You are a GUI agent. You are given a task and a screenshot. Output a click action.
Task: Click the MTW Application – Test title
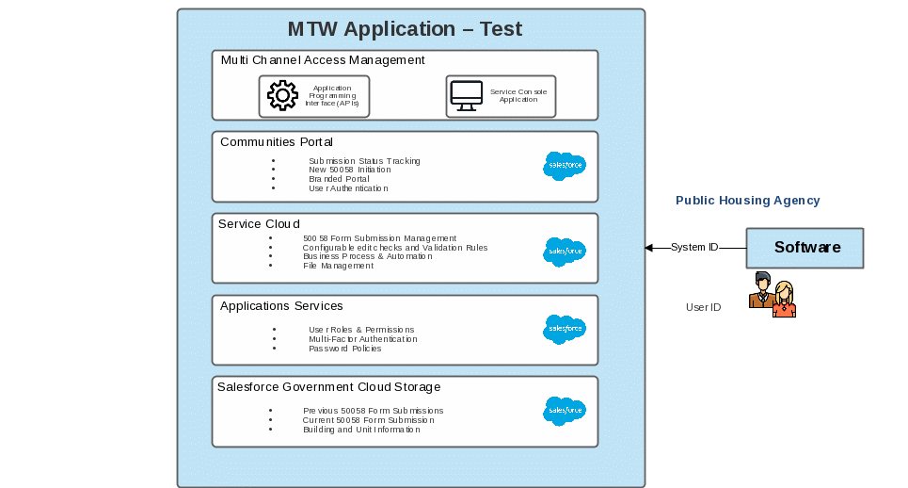pos(405,29)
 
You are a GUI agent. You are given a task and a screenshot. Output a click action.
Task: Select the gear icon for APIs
pos(283,96)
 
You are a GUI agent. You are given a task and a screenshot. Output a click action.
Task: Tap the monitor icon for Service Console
pos(466,96)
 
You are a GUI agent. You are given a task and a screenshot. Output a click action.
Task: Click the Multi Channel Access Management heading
pos(323,60)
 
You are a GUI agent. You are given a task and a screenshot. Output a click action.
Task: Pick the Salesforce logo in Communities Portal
pos(565,166)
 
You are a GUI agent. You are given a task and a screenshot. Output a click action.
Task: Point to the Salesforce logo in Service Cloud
pos(565,252)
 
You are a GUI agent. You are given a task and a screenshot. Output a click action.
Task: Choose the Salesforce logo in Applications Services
pos(565,329)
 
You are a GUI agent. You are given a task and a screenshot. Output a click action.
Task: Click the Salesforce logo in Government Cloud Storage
pos(565,411)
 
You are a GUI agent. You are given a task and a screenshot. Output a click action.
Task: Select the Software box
pos(805,248)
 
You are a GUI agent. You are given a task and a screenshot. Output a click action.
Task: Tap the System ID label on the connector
pos(694,248)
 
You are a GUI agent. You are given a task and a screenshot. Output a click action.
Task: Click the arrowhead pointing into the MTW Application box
pos(648,248)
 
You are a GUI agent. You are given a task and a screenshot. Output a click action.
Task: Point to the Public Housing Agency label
pos(748,201)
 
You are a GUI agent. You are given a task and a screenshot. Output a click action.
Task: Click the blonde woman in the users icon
pos(784,300)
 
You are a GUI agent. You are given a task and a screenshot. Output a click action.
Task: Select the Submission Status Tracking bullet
pos(364,161)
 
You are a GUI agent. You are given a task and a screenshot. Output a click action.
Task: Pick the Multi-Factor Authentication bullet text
pos(362,339)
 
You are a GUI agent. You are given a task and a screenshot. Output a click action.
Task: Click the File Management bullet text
pos(338,266)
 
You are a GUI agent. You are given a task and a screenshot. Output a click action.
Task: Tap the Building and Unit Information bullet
pos(361,430)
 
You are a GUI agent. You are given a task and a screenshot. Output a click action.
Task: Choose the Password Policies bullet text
pos(344,349)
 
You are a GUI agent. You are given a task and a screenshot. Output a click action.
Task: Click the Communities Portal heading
pos(277,142)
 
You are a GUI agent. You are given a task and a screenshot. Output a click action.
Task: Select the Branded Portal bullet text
pos(339,179)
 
